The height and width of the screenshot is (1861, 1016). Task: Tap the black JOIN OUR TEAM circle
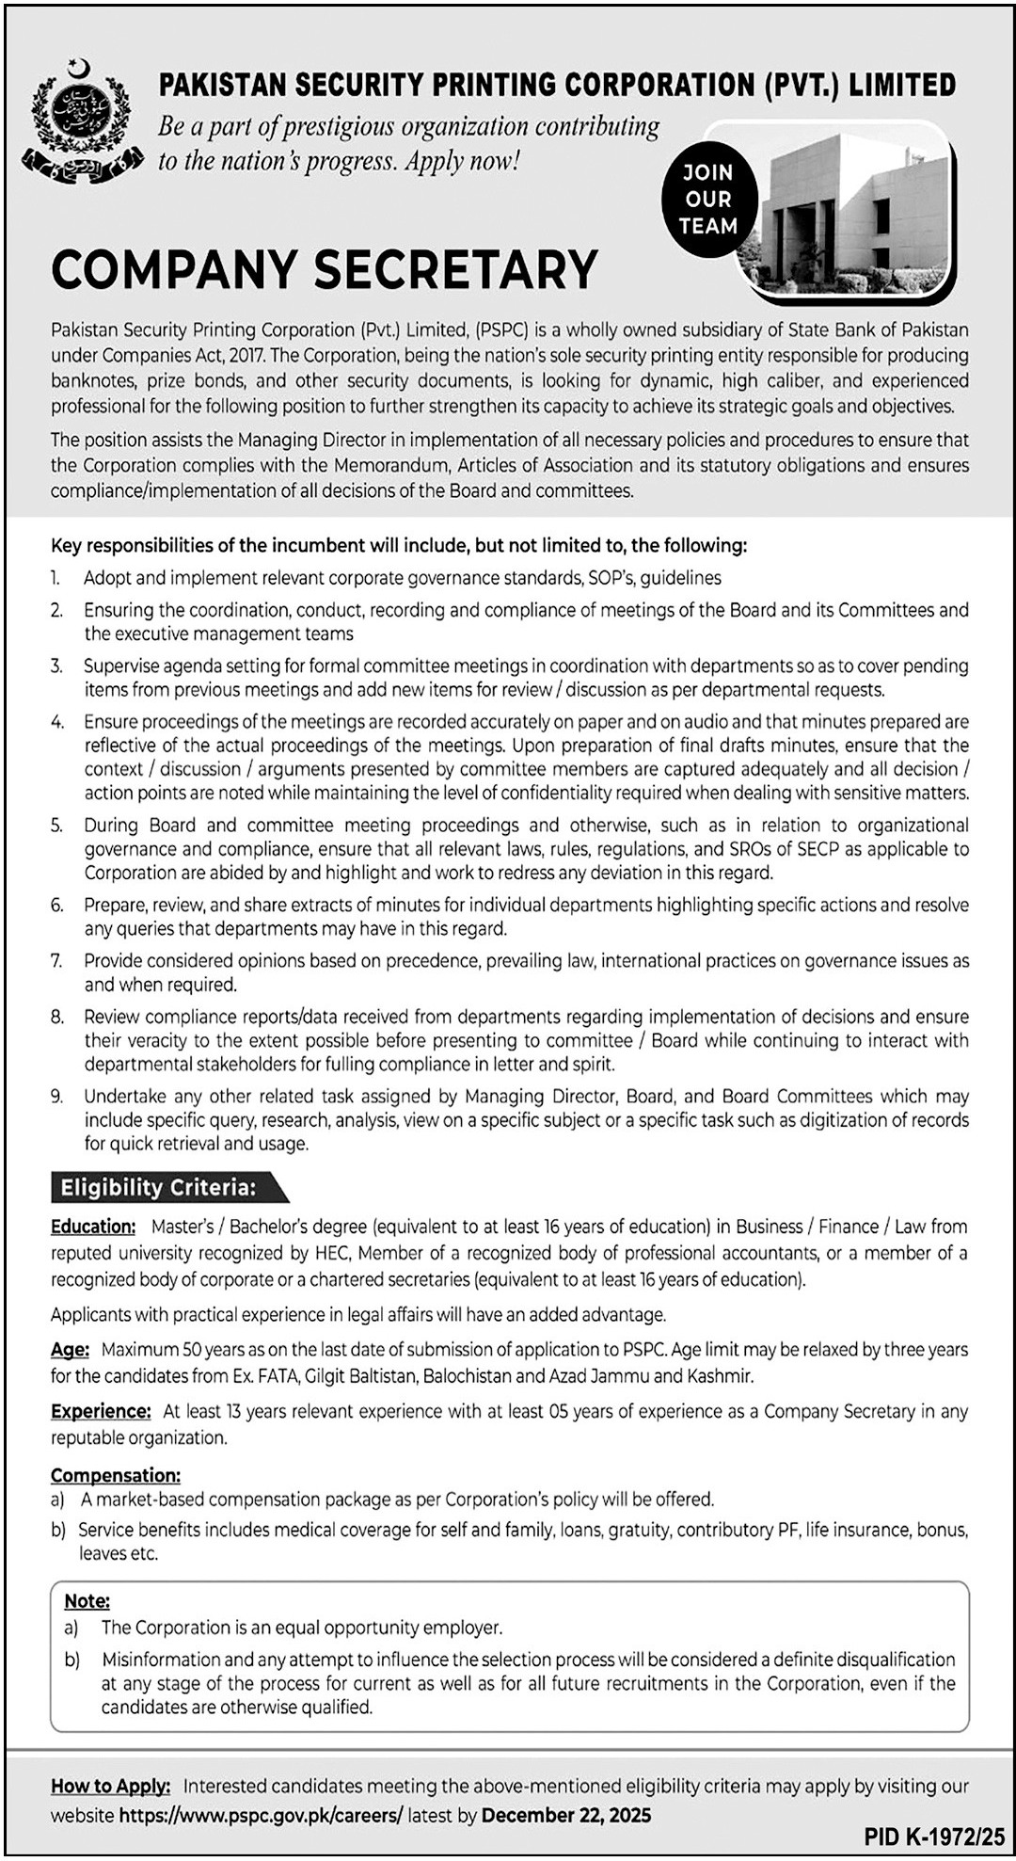click(x=707, y=200)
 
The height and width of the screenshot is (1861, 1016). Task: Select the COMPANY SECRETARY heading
click(x=325, y=269)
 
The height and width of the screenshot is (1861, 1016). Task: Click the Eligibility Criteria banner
click(x=160, y=1188)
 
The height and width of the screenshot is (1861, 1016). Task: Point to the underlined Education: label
click(x=93, y=1227)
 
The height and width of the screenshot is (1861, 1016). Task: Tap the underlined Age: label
click(x=70, y=1350)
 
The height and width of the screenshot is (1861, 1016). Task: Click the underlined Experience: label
click(x=101, y=1411)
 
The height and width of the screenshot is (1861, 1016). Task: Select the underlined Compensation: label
click(x=116, y=1475)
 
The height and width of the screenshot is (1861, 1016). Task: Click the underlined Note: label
click(x=87, y=1600)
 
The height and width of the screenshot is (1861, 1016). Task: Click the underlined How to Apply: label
click(x=111, y=1786)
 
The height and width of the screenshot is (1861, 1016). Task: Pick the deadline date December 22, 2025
click(x=565, y=1814)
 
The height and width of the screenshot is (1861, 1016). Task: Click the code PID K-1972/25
click(x=935, y=1836)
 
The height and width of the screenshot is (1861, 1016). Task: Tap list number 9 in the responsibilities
click(x=57, y=1097)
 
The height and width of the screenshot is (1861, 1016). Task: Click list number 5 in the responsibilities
click(x=57, y=826)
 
